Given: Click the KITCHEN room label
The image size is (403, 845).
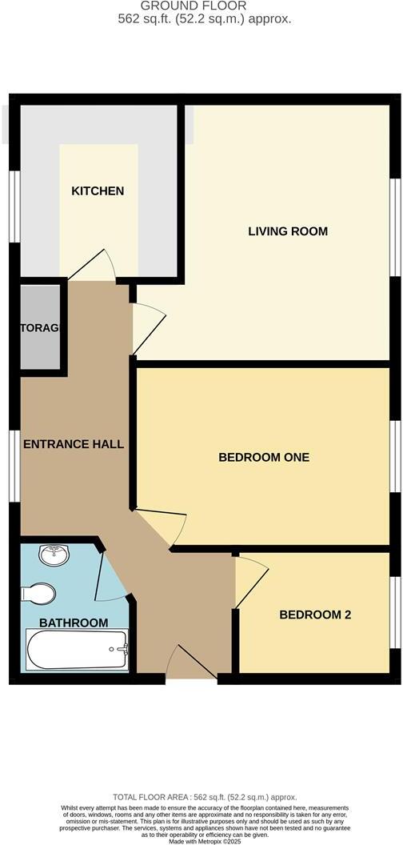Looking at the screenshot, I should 98,190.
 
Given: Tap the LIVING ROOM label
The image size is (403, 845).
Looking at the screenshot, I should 288,231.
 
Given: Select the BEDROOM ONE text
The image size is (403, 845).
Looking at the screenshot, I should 264,457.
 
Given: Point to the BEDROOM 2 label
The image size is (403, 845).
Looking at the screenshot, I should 315,615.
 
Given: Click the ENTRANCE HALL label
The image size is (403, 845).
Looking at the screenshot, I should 74,443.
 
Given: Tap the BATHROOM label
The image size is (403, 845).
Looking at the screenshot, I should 74,623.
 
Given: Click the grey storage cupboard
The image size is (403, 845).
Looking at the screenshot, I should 40,327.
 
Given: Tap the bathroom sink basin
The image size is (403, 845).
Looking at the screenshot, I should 53,554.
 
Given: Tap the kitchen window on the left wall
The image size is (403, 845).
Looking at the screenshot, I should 14,206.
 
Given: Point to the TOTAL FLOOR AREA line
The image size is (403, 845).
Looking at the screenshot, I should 205,797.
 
